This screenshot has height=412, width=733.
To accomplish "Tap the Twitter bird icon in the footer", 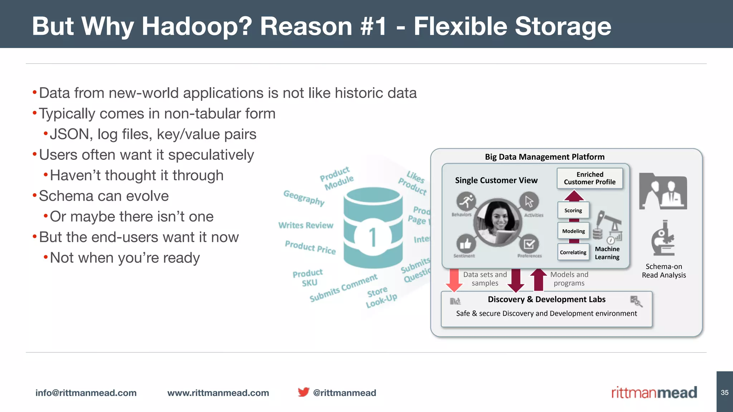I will coord(304,392).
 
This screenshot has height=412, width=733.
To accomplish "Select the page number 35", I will coord(724,392).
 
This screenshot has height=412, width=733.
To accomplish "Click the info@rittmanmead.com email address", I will coord(86,393).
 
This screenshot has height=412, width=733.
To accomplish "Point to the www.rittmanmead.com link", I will coord(218,393).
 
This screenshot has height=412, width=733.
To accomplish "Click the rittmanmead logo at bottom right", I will coord(654,392).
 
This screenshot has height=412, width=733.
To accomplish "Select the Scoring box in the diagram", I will coord(573,210).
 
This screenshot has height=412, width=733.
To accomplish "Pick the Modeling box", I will coord(573,231).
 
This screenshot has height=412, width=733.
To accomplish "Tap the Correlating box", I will coord(573,252).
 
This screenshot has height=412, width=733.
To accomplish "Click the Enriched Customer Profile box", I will coord(589,178).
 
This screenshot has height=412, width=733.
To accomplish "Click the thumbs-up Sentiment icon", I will coord(466,244).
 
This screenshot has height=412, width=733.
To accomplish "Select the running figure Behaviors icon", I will coord(466,201).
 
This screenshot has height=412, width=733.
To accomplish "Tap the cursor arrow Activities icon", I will coord(529,201).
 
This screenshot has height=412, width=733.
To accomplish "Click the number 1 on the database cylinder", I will coord(373,237).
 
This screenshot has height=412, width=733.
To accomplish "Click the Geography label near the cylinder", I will coord(304,198).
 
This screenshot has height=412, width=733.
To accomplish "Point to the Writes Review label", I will coord(306,225).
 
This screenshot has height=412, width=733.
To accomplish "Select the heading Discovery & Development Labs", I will coord(547,299).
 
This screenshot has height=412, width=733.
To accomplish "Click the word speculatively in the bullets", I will coord(211,155).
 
